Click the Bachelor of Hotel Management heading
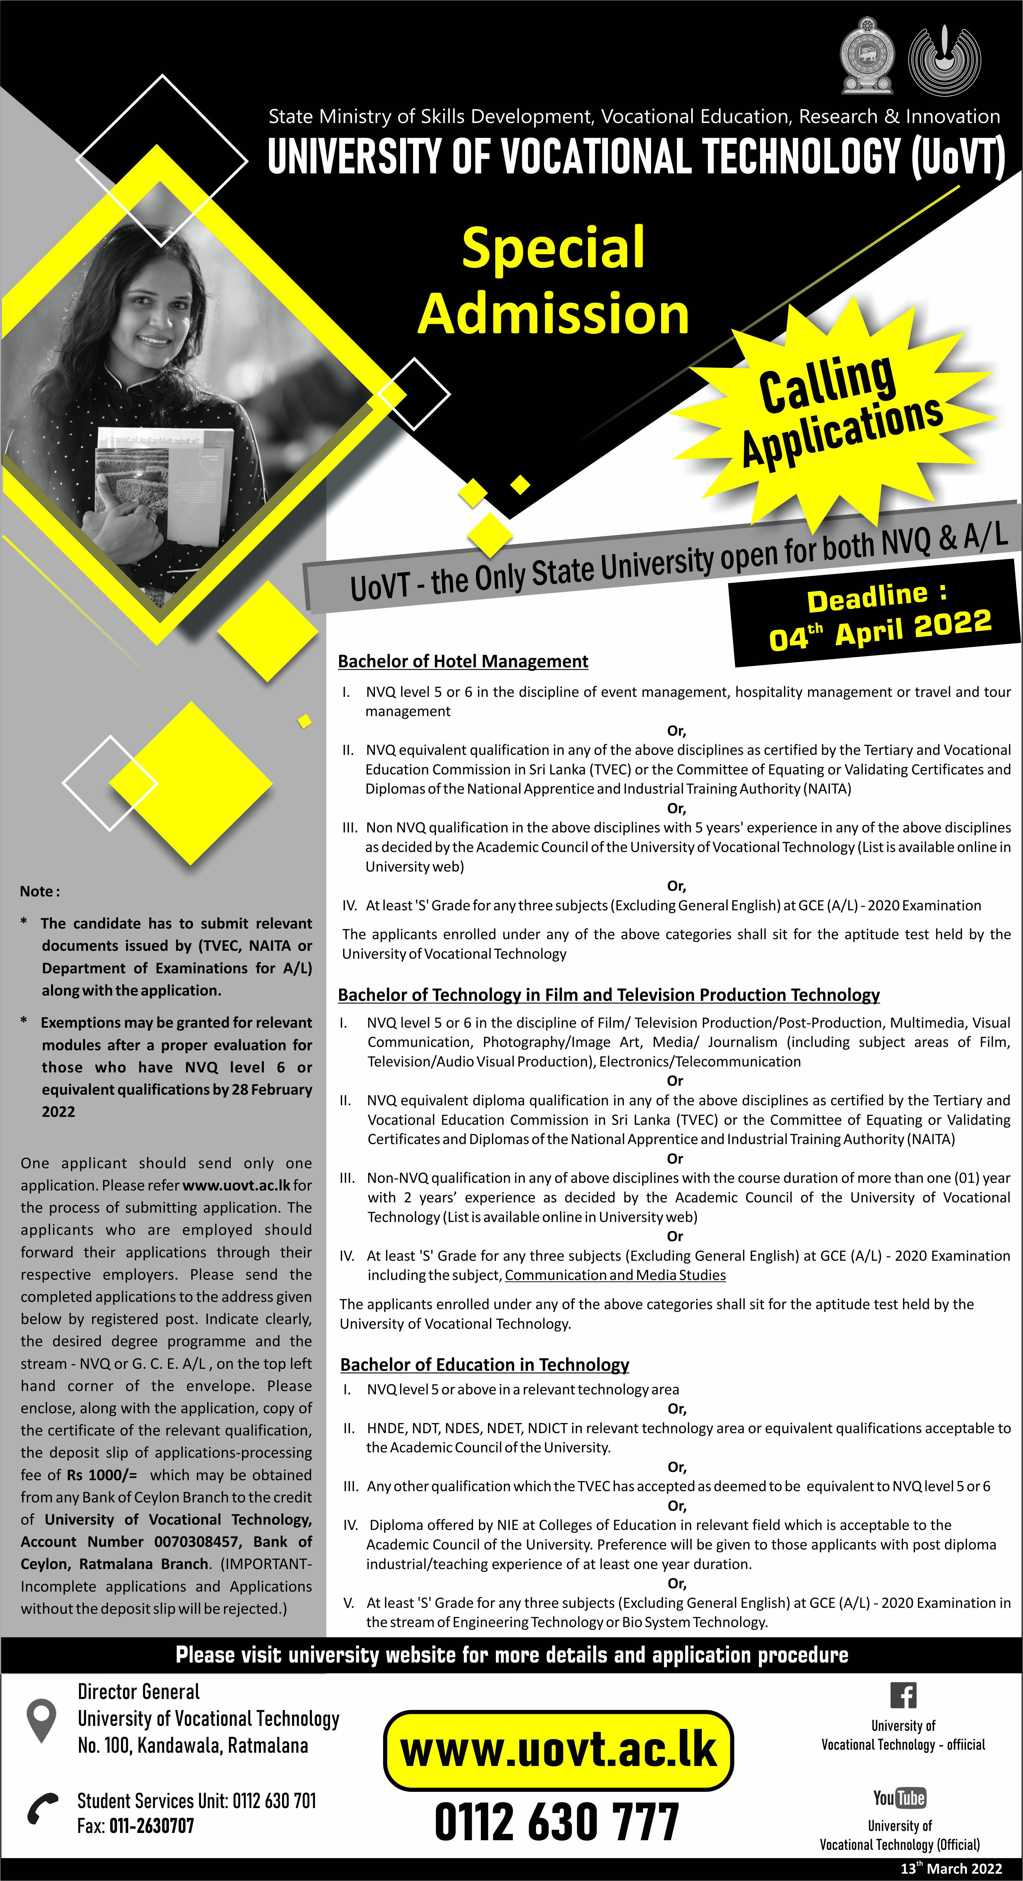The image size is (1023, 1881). (x=463, y=662)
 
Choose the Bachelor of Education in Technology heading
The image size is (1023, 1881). (x=485, y=1365)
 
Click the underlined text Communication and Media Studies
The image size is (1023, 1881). (x=615, y=1275)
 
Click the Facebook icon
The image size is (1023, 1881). (x=903, y=1695)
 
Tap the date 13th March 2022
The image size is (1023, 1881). (x=951, y=1868)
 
